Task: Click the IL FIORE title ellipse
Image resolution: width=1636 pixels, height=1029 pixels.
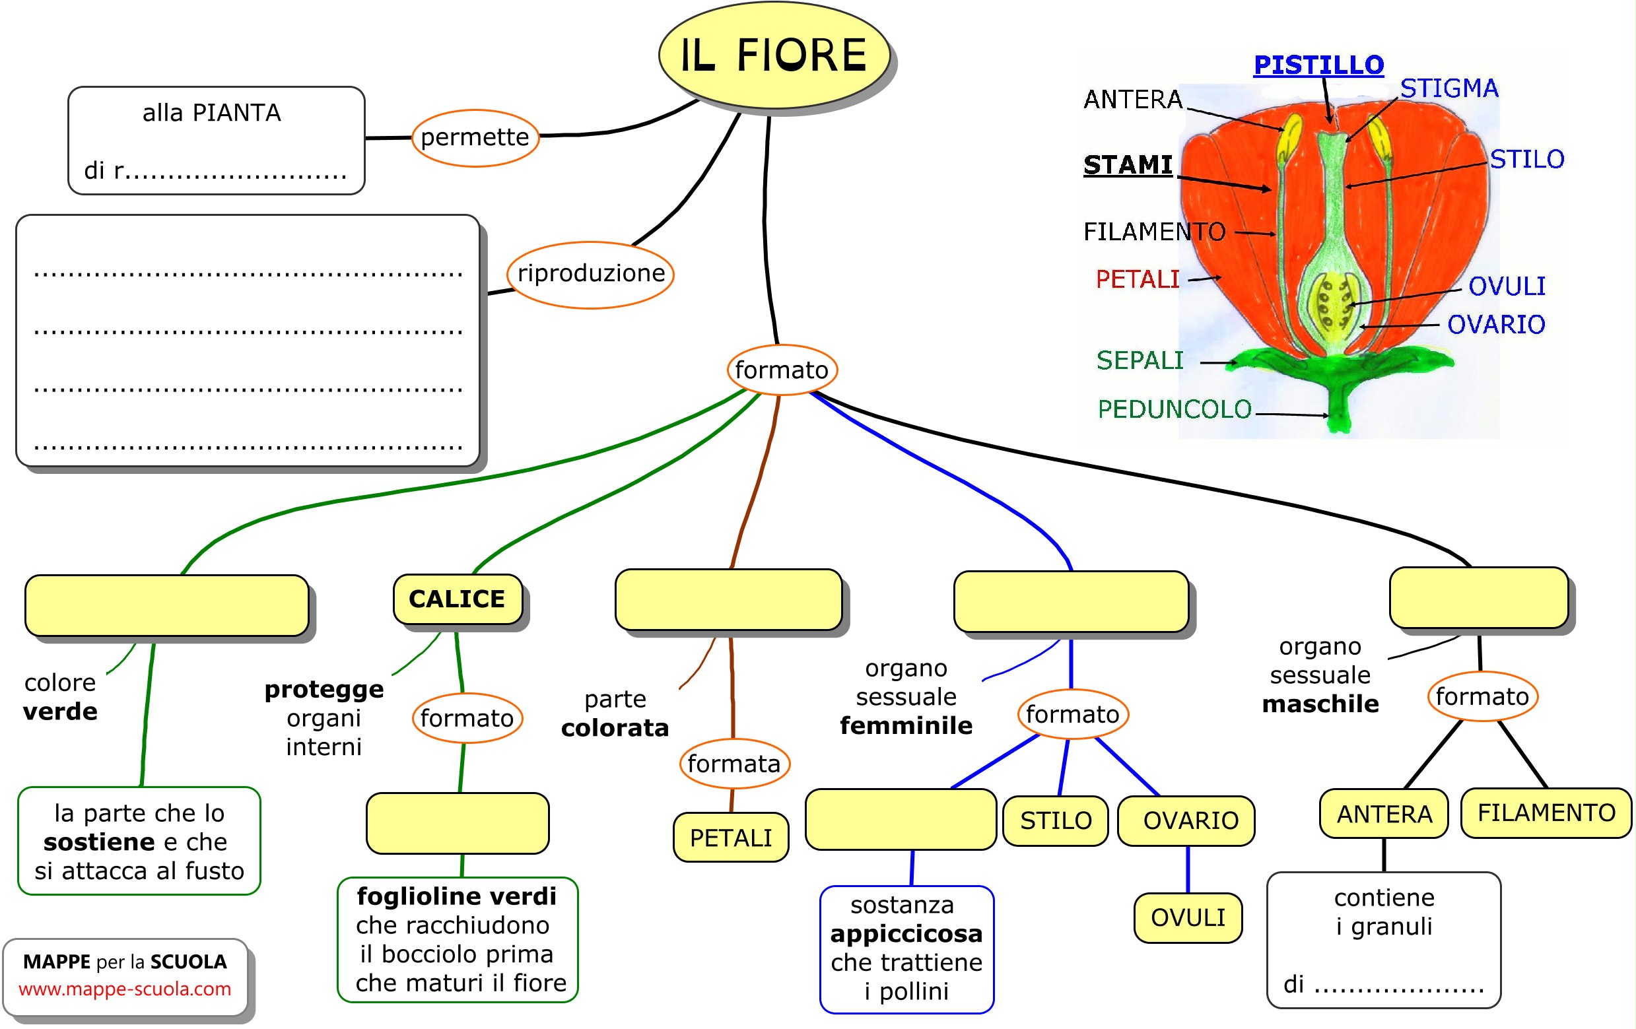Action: pyautogui.click(x=774, y=55)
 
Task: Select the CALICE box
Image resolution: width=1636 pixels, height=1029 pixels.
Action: pyautogui.click(x=458, y=599)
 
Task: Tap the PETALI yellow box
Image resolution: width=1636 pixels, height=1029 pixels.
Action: pyautogui.click(x=731, y=838)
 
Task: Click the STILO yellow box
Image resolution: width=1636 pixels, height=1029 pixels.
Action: pyautogui.click(x=1055, y=820)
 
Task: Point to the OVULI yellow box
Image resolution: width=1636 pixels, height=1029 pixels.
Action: pyautogui.click(x=1188, y=917)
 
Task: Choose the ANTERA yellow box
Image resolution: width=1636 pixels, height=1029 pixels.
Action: pyautogui.click(x=1384, y=814)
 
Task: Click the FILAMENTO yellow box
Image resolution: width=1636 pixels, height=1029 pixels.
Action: pyautogui.click(x=1546, y=813)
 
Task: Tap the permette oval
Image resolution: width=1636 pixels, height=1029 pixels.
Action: pyautogui.click(x=475, y=138)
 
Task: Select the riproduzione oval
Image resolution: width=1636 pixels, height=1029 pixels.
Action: pyautogui.click(x=590, y=274)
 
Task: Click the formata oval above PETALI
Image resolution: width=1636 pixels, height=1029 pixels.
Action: pyautogui.click(x=733, y=764)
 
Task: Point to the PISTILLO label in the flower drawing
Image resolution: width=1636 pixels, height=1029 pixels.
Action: pyautogui.click(x=1318, y=65)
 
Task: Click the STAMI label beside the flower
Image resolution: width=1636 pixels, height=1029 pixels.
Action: pyautogui.click(x=1128, y=165)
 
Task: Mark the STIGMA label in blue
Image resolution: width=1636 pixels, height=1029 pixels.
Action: pyautogui.click(x=1449, y=88)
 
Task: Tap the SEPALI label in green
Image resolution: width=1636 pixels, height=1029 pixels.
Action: pyautogui.click(x=1140, y=360)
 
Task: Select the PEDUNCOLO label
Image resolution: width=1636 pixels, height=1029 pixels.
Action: pyautogui.click(x=1174, y=409)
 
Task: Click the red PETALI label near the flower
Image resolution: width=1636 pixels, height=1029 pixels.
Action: pyautogui.click(x=1138, y=279)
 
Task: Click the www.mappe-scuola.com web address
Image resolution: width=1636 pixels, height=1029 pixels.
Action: pyautogui.click(x=125, y=989)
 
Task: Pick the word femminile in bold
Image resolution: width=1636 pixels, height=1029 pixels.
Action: pyautogui.click(x=906, y=726)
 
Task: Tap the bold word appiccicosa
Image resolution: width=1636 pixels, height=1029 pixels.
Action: pyautogui.click(x=906, y=934)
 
